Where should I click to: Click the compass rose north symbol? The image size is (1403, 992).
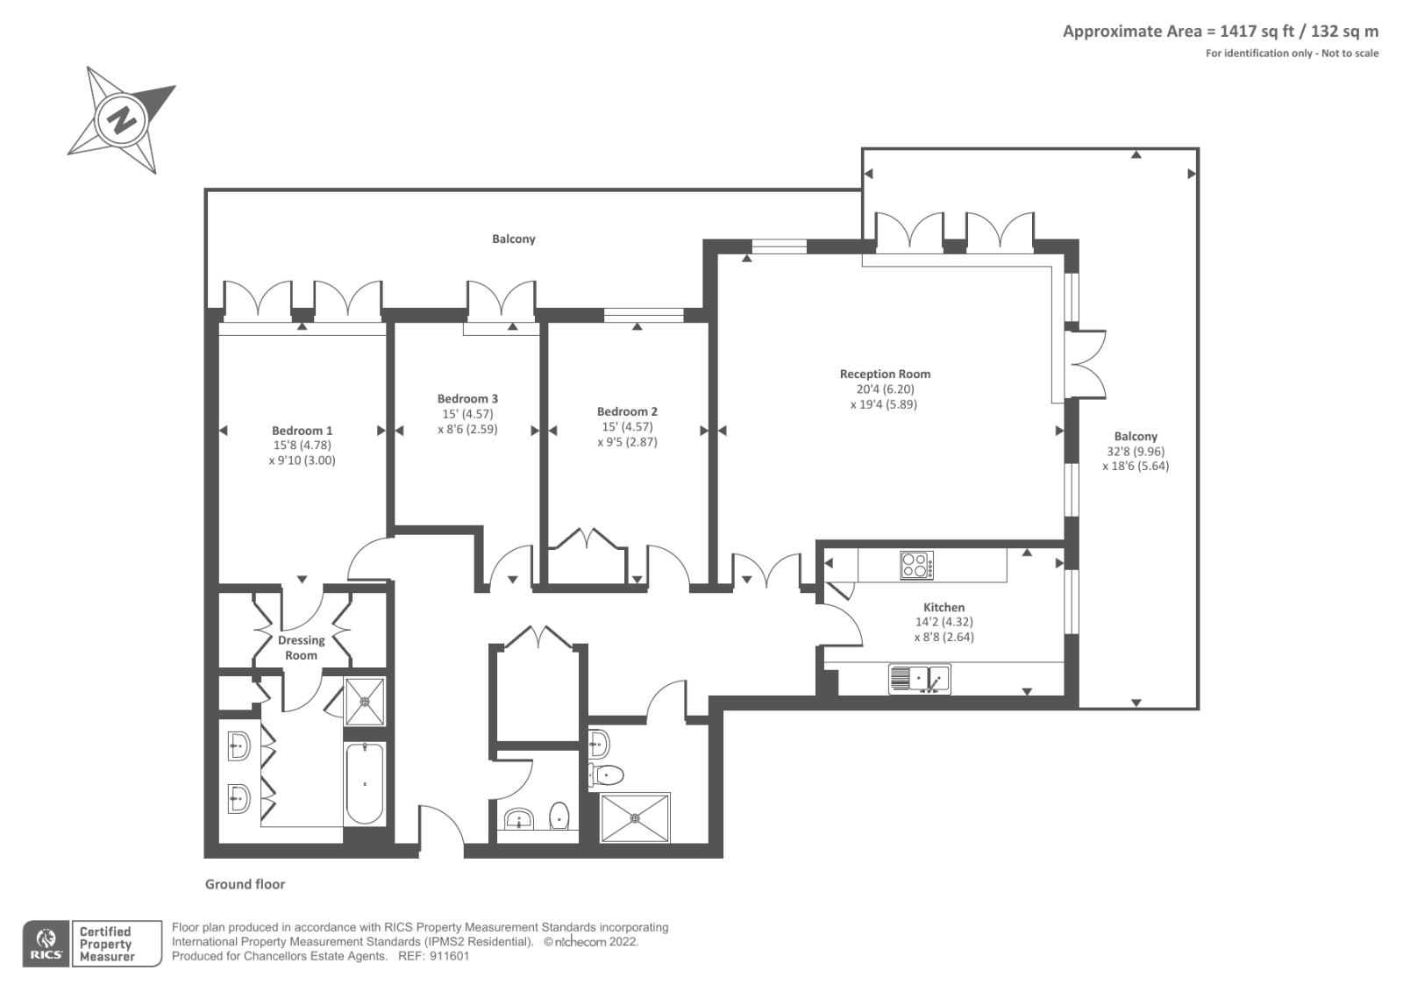122,119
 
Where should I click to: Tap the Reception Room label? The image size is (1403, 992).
885,375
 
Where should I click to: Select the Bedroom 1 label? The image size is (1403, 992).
302,431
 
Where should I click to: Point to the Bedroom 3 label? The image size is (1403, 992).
467,399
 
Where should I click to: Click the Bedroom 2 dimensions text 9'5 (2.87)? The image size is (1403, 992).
627,442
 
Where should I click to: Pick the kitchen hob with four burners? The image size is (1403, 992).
916,566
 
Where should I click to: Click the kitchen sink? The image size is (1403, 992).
919,679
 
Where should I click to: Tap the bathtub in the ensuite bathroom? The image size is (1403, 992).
364,783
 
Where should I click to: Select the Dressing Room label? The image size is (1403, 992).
301,647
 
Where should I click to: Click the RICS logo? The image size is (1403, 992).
46,944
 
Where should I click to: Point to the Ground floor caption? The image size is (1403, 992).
245,884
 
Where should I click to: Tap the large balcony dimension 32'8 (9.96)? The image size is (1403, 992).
1136,452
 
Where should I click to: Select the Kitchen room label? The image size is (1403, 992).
944,607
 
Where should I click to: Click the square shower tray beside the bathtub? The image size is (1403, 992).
364,702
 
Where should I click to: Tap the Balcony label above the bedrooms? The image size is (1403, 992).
513,239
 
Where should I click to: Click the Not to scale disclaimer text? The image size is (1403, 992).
1350,54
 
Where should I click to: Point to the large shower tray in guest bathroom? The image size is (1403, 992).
635,817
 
